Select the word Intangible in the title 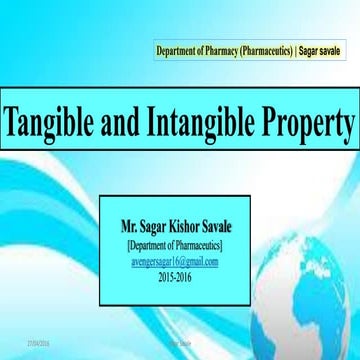tap(203, 124)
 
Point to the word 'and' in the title tap(129, 124)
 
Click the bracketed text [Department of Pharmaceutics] tap(174, 244)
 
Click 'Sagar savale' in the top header tap(323, 50)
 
